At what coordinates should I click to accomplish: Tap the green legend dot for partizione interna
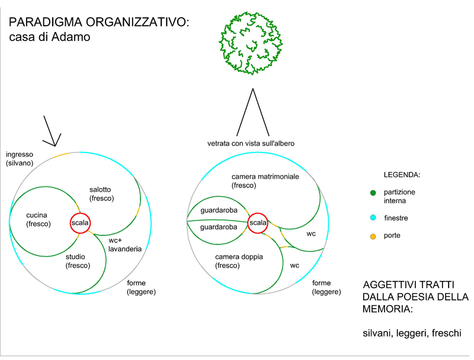[x=373, y=193]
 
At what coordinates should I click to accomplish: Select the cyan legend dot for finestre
[x=373, y=218]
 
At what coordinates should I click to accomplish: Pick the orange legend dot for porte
[x=373, y=236]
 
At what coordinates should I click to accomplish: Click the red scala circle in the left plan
[x=80, y=223]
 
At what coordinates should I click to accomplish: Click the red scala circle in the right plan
[x=258, y=223]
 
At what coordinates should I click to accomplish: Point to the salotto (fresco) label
[x=101, y=193]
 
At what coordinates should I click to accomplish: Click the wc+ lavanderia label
[x=124, y=244]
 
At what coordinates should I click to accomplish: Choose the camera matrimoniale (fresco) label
[x=265, y=181]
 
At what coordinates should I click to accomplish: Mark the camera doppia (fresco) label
[x=239, y=261]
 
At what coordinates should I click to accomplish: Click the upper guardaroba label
[x=219, y=211]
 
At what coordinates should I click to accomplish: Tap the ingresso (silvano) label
[x=20, y=158]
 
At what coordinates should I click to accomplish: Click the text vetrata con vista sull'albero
[x=251, y=144]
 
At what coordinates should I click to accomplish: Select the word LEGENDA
[x=402, y=176]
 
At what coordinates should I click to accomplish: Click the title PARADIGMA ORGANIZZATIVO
[x=99, y=23]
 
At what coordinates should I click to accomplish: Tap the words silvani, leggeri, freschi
[x=411, y=333]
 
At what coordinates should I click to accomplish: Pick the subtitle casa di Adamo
[x=49, y=38]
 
